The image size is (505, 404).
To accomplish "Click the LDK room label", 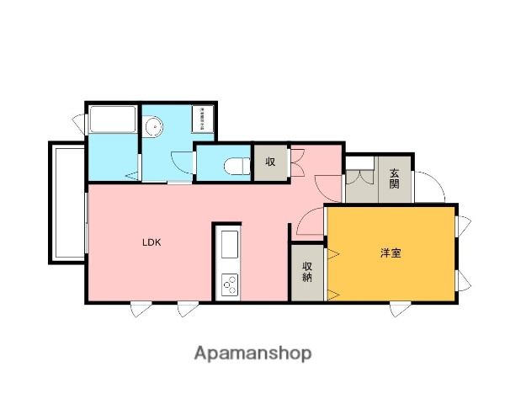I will tap(151, 242).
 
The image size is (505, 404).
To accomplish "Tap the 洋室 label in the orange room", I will tap(389, 251).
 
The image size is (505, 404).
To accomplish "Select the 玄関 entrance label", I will tap(395, 178).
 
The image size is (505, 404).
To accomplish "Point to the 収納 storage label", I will tap(307, 271).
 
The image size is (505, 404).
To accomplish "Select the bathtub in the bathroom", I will tap(112, 120).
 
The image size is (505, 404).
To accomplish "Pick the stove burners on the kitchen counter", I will tap(229, 284).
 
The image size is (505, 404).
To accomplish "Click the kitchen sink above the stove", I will tap(229, 249).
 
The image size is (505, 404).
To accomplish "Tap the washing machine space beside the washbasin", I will tap(203, 119).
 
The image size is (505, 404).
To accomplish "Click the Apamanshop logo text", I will tap(253, 353).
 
